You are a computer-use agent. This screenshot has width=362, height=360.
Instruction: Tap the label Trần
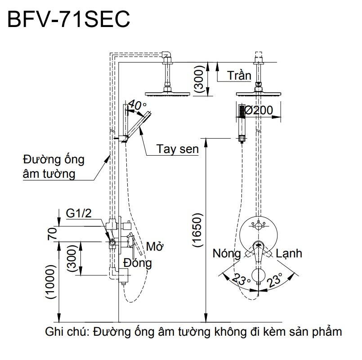pos(239,75)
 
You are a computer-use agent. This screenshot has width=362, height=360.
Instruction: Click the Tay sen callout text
pos(178,149)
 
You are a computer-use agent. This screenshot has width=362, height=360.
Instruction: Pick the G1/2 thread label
pos(79,214)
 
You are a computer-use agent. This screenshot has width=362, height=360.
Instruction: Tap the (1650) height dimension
pos(198,230)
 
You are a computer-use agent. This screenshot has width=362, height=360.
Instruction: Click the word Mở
pos(154,247)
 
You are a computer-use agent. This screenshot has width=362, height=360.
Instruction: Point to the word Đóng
pos(138,262)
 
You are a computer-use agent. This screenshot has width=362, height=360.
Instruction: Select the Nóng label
pos(227,254)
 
